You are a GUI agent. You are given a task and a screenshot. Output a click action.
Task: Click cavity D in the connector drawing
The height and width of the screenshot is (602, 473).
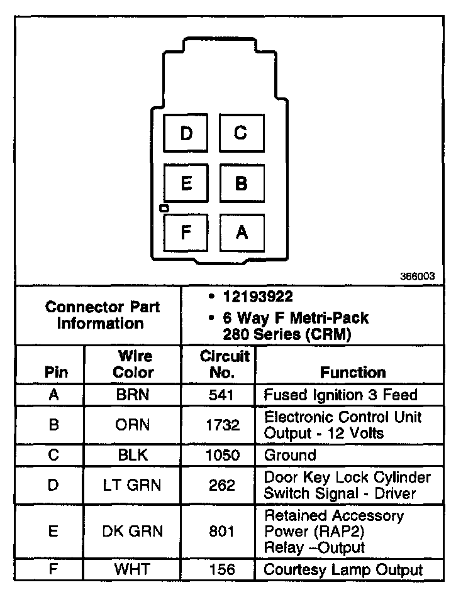[186, 133]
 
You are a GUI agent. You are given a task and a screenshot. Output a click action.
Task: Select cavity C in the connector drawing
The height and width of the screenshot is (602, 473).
[241, 133]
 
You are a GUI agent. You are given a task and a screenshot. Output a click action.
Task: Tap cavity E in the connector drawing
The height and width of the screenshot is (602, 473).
[186, 183]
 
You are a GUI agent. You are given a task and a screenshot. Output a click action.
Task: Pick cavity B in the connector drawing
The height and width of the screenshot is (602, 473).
[241, 183]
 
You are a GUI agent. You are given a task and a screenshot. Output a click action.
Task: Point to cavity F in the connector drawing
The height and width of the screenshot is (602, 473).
[186, 233]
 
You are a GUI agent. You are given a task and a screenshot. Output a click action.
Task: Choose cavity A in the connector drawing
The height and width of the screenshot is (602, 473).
[241, 233]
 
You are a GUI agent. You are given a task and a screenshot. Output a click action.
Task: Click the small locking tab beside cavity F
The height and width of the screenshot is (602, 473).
[164, 207]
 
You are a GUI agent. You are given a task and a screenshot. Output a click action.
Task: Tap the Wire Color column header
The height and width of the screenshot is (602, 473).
[133, 364]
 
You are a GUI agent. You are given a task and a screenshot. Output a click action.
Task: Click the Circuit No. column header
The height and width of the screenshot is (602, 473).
[225, 364]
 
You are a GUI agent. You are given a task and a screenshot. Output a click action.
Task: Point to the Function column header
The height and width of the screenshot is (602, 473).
[353, 372]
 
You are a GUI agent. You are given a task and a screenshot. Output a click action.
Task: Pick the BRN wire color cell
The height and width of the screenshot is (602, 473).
[133, 395]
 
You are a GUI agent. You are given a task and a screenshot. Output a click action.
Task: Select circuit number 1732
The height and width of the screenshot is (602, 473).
[223, 425]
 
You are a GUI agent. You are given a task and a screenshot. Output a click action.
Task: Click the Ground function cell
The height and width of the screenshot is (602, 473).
[290, 455]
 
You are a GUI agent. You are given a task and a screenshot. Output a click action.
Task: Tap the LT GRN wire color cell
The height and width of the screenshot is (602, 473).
[133, 485]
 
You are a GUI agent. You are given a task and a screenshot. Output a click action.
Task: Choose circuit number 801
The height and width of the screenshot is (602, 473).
[223, 531]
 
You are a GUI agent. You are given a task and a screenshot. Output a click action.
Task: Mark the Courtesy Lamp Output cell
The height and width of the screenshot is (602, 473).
[343, 570]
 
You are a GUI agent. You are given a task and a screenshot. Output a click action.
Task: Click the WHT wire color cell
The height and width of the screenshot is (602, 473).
[133, 570]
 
